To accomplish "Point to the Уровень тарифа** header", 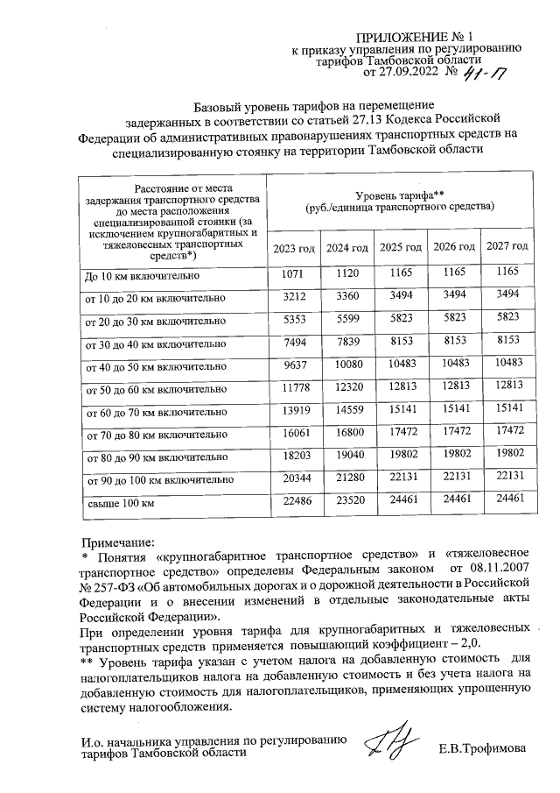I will click(400, 201).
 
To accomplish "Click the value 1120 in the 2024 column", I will click(347, 275).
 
